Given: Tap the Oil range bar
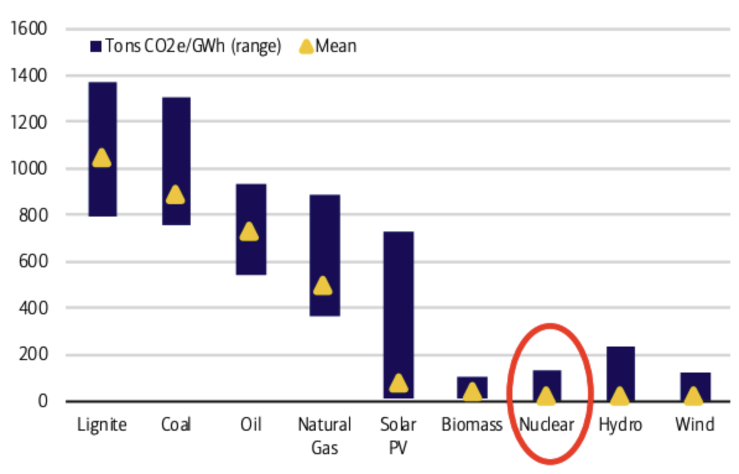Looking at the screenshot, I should click(x=251, y=204).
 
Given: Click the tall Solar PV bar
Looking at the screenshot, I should click(x=399, y=297).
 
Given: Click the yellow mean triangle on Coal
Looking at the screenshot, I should click(x=176, y=194).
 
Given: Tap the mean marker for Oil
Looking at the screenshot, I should click(x=249, y=231).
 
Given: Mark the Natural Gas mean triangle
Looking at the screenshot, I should click(x=323, y=285).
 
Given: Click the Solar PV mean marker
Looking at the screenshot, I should click(x=399, y=383).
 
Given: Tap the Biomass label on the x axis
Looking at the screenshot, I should click(x=472, y=424).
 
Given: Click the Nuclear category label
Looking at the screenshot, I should click(x=547, y=424).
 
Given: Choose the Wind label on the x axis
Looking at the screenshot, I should click(x=694, y=424).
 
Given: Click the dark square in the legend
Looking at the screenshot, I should click(x=96, y=46).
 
